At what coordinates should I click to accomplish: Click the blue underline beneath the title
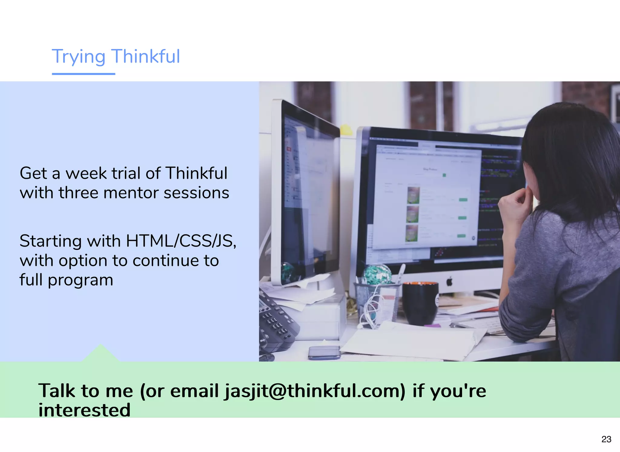(x=83, y=74)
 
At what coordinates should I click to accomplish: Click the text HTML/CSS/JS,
(x=181, y=241)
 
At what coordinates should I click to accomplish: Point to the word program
(x=80, y=280)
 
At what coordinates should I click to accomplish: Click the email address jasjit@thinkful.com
(x=315, y=391)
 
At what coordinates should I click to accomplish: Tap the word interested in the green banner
(x=84, y=410)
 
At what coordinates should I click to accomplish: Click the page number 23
(x=606, y=439)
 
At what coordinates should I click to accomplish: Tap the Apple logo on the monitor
(x=449, y=282)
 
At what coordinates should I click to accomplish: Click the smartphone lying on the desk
(x=324, y=352)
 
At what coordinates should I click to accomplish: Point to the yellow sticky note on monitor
(x=346, y=130)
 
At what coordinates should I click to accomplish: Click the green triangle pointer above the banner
(x=101, y=354)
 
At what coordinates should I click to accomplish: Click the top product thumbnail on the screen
(x=414, y=195)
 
